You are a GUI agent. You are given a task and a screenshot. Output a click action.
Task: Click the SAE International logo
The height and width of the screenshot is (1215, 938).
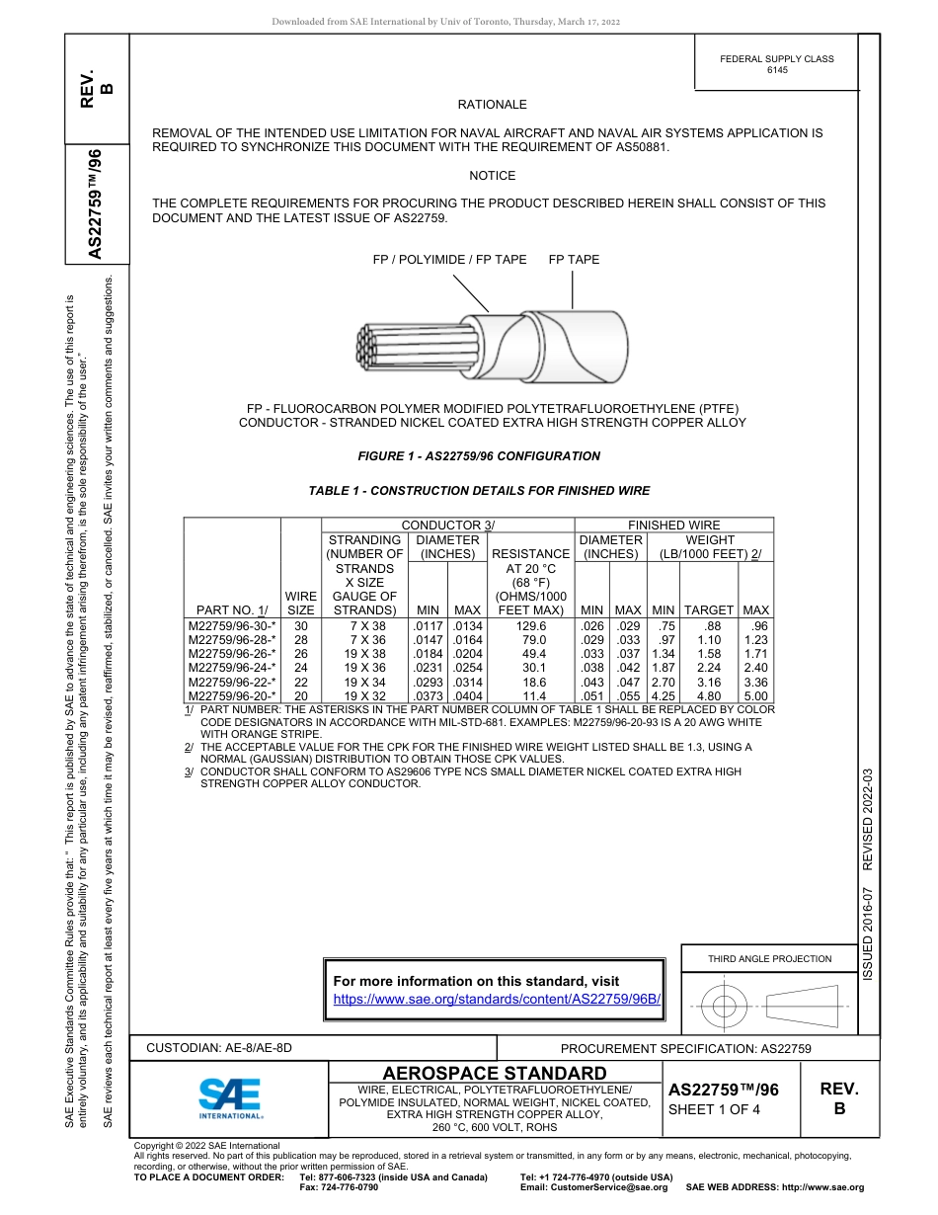(x=230, y=1097)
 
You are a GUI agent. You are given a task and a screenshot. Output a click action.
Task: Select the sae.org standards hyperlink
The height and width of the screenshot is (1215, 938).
(x=497, y=999)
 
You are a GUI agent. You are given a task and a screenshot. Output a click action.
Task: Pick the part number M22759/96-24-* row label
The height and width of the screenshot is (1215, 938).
(x=232, y=667)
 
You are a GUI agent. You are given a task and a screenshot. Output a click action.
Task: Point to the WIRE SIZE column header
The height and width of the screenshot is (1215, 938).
(x=300, y=604)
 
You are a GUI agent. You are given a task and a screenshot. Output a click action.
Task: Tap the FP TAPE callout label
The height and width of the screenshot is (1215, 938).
(x=574, y=260)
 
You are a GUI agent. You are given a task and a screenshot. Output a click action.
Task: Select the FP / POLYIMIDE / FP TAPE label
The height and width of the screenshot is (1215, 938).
(x=449, y=260)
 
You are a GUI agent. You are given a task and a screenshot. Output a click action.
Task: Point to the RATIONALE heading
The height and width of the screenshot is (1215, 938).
(x=492, y=105)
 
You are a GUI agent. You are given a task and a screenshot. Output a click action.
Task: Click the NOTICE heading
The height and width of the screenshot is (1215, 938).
(x=492, y=176)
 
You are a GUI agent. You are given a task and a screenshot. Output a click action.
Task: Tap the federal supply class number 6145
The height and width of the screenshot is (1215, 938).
(x=777, y=70)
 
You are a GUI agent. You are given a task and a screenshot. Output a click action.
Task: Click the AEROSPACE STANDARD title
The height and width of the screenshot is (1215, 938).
(x=495, y=1074)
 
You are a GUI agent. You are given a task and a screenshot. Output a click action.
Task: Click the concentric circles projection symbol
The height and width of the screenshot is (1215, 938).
(x=725, y=1008)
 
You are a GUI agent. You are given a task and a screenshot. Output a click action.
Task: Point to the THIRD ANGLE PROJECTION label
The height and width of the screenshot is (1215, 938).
(x=769, y=958)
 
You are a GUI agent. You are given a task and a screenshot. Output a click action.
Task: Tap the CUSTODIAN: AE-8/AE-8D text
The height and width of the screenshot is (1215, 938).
(x=219, y=1048)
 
